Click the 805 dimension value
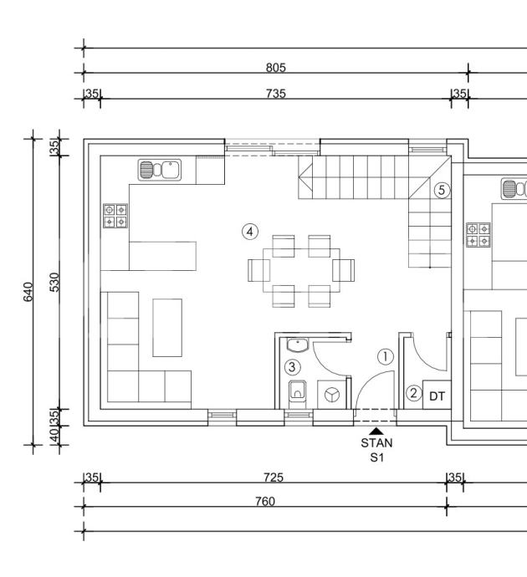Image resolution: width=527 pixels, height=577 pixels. click(x=276, y=68)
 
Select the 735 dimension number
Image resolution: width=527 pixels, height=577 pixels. click(x=276, y=94)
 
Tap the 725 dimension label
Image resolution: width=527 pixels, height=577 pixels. click(x=274, y=477)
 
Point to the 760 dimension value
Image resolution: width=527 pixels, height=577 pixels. click(x=265, y=501)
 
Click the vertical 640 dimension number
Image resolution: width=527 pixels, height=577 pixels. click(x=28, y=292)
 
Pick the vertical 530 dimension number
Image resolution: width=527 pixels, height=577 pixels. click(x=54, y=283)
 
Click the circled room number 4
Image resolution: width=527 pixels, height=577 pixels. click(x=250, y=232)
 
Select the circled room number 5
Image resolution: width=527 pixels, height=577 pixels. click(x=442, y=191)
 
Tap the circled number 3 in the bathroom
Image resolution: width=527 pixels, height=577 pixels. click(x=292, y=367)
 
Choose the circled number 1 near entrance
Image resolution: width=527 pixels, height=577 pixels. click(x=386, y=356)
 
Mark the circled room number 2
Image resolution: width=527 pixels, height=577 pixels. click(x=413, y=393)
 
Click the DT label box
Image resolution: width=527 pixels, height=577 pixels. click(x=437, y=395)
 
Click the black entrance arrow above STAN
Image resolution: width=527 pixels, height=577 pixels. click(x=376, y=431)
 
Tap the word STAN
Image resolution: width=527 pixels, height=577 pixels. click(x=376, y=442)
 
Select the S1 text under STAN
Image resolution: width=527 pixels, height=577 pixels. click(x=377, y=457)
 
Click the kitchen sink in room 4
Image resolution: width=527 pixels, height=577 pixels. click(x=159, y=170)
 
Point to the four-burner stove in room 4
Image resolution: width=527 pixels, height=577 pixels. click(x=115, y=216)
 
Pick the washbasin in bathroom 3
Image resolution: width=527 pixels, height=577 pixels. click(x=298, y=345)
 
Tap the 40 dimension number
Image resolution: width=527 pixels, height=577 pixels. click(x=54, y=436)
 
